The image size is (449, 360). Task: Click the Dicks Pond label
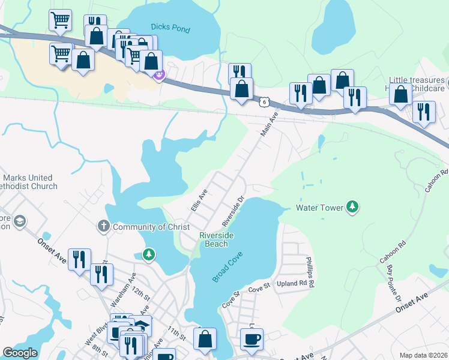(170, 28)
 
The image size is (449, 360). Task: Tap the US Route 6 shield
(264, 102)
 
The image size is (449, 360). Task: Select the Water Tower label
(319, 208)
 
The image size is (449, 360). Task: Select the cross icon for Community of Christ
(104, 226)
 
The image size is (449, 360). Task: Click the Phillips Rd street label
(310, 271)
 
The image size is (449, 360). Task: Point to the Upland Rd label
(292, 283)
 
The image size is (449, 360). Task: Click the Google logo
(20, 353)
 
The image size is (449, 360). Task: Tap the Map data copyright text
(423, 355)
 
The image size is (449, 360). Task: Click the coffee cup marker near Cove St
(252, 338)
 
